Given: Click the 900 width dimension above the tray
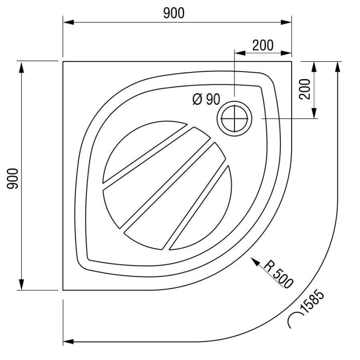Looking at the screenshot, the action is (174, 13).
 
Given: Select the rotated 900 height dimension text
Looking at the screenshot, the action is (13, 179).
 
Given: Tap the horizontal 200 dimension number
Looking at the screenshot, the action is (263, 45).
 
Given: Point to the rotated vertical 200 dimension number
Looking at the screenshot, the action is (305, 89).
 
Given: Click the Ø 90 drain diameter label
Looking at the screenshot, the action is (206, 99).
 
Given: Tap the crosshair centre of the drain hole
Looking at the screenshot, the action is (234, 118).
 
